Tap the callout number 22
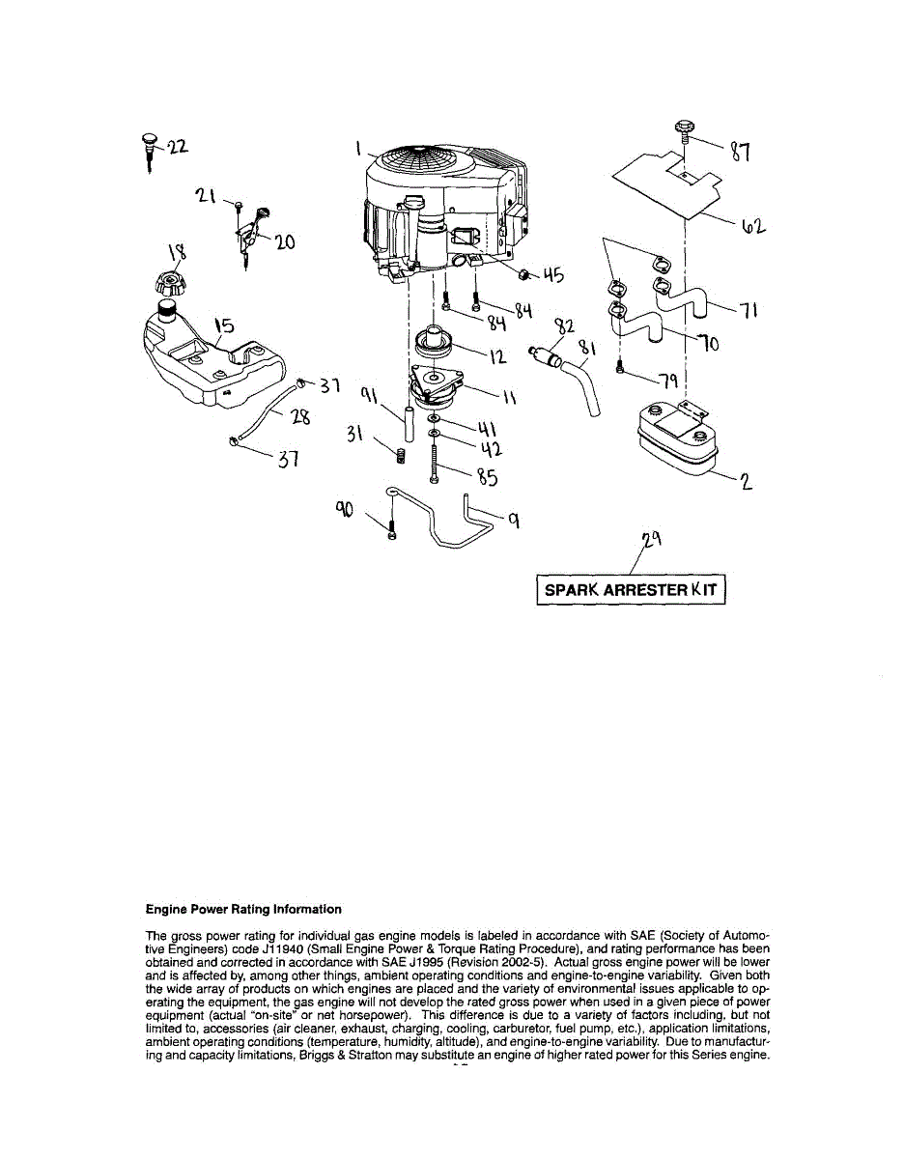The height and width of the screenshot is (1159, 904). point(178,147)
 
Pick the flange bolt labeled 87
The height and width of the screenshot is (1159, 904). point(684,128)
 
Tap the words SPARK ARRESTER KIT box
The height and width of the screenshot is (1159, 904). point(630,590)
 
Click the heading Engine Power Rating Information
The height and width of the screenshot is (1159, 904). point(243,909)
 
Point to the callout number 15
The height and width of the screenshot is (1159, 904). point(224,325)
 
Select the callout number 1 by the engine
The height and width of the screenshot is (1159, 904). point(357,149)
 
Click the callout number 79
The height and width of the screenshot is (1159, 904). point(665,379)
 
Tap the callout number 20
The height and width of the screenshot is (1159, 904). point(284,243)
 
